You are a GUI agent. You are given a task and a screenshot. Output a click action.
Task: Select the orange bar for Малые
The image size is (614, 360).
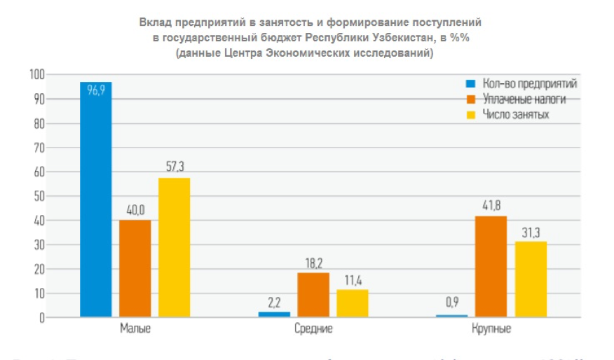click(x=135, y=269)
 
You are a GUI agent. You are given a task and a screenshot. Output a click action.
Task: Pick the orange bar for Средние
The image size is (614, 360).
click(x=313, y=295)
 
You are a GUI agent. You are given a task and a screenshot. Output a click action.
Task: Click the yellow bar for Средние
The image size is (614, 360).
click(x=352, y=303)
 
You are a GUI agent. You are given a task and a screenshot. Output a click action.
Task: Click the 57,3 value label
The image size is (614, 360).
click(x=174, y=167)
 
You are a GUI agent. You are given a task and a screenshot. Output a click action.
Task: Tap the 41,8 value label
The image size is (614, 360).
click(x=491, y=206)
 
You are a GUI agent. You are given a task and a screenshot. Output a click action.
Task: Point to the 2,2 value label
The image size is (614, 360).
click(x=273, y=302)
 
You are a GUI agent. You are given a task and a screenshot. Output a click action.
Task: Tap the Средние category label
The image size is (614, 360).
click(x=313, y=328)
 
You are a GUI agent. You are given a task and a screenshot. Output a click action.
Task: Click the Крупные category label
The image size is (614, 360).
click(x=491, y=328)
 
